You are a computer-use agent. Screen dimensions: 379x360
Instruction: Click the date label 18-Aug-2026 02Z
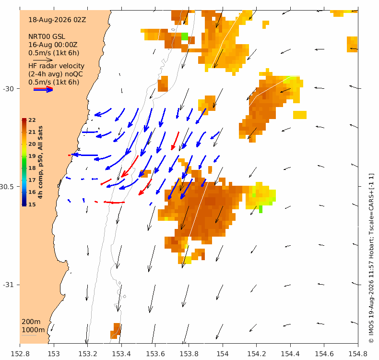point(57,20)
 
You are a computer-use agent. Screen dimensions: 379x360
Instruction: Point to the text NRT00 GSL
point(47,36)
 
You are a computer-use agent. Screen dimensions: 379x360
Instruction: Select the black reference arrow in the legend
point(43,60)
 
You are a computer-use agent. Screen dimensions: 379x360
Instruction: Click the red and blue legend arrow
point(43,89)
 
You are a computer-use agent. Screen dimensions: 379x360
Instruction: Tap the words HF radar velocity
point(56,66)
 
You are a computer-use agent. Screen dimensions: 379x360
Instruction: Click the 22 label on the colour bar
point(32,120)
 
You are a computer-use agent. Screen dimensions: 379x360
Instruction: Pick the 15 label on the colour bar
point(32,204)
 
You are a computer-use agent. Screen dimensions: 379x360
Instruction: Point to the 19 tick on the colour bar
point(32,156)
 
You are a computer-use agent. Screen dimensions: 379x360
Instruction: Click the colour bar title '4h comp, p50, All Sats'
point(40,162)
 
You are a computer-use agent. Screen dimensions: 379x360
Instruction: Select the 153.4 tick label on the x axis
point(121,354)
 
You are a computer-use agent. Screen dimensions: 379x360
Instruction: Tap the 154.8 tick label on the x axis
point(358,354)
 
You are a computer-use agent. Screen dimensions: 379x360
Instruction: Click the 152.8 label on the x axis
point(20,354)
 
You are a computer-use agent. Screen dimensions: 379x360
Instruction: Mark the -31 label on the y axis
point(8,285)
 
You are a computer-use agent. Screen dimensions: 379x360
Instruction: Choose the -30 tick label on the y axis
point(8,89)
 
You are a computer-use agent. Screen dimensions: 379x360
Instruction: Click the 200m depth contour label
point(31,322)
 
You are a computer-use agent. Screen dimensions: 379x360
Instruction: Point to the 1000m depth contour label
point(33,330)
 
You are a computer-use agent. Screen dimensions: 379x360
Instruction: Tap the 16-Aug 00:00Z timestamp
point(53,45)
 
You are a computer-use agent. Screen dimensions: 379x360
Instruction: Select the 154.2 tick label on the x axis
point(257,354)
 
